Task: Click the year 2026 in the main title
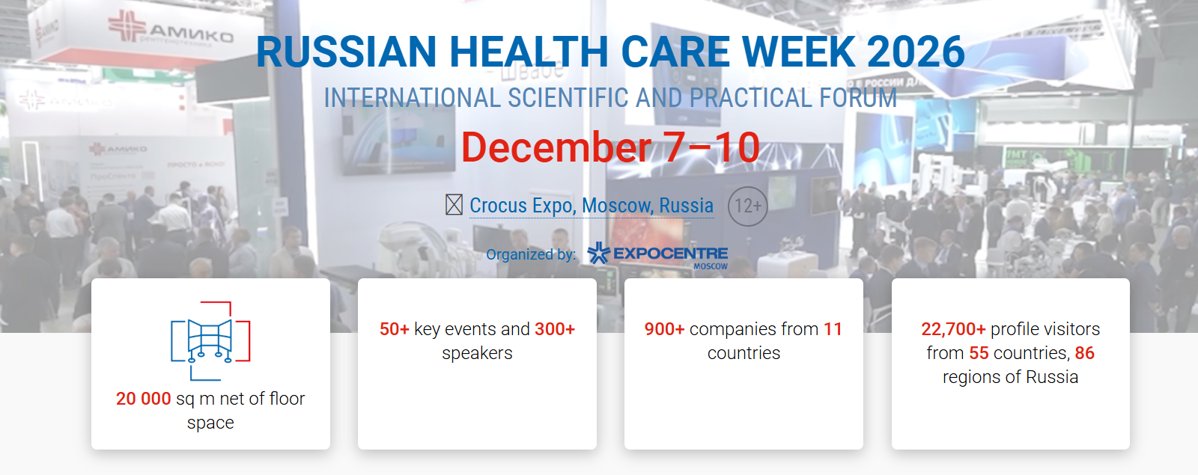916,52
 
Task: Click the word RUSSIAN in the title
347,52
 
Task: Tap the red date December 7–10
610,147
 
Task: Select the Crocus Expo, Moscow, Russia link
592,205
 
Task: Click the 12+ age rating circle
747,206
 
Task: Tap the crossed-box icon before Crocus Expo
454,205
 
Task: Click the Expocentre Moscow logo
657,255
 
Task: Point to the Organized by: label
531,254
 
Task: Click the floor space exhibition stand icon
210,341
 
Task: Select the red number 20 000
144,399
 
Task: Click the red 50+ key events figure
395,329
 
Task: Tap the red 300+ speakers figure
555,329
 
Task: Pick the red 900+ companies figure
664,329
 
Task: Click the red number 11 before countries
833,329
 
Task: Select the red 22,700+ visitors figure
953,329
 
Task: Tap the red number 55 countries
979,353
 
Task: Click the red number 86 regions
1085,353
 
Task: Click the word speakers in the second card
477,353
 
